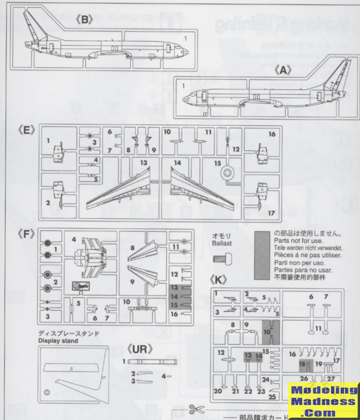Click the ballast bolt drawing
tap(222, 258)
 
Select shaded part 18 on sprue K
tap(302, 365)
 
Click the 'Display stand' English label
tap(58, 341)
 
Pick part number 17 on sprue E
tap(272, 212)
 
